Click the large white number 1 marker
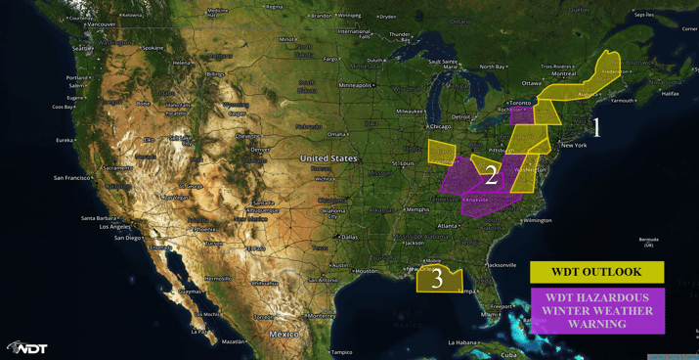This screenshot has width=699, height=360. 596,127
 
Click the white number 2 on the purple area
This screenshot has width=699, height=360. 491,175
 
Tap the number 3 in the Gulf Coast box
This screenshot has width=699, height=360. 437,280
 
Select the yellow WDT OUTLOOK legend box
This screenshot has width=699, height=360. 596,272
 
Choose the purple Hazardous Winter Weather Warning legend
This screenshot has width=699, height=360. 597,310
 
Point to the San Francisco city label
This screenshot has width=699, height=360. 73,178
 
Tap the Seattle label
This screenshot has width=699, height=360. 82,48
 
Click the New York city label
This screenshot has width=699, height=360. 573,145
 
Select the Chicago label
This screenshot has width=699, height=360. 440,126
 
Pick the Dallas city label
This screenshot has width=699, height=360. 349,237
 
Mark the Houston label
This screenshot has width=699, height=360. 365,271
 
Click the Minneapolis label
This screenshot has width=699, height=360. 354,85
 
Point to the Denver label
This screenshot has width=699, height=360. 259,150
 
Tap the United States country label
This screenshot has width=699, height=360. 328,158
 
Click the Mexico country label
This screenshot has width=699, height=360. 284,335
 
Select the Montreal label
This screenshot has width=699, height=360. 563,73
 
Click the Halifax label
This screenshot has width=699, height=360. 670,94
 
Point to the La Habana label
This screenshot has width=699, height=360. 463,342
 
